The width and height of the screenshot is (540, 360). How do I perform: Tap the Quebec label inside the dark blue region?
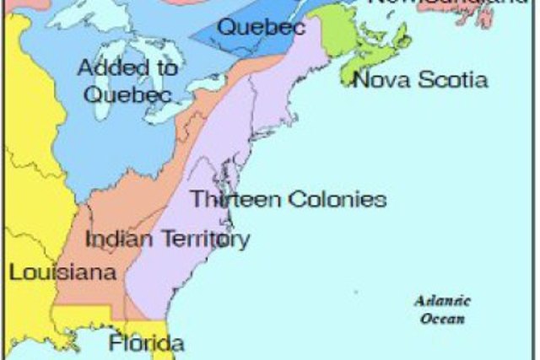point(249,26)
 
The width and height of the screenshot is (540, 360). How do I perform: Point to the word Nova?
point(378,80)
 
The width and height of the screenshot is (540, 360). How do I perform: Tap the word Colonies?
point(337,200)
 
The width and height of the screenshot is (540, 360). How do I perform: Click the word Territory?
point(202,239)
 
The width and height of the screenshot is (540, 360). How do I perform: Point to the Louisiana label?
point(50,272)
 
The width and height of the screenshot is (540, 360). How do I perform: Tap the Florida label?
point(145,344)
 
